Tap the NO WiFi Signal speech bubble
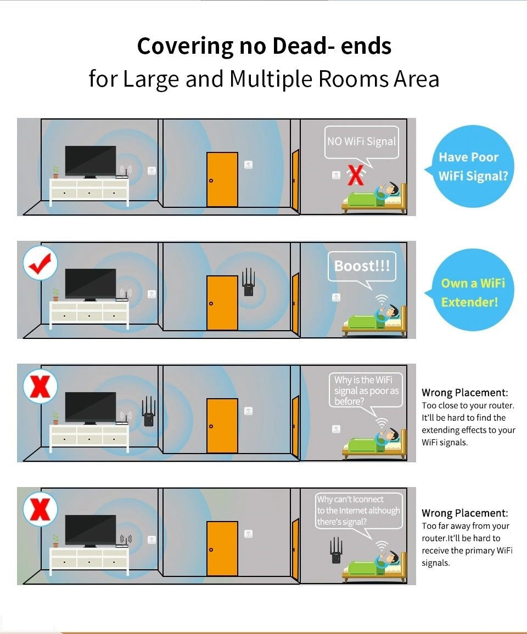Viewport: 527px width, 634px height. pos(361,141)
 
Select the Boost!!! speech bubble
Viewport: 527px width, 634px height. pos(362,266)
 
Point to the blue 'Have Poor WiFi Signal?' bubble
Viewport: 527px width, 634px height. pos(468,166)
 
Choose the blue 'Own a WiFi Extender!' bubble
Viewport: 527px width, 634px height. pos(473,292)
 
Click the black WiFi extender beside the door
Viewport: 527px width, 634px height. pos(249,283)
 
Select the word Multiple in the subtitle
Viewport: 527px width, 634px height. pos(271,79)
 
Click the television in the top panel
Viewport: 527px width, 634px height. pos(91,161)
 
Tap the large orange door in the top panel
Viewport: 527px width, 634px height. pos(222,180)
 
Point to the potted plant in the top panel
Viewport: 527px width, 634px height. pos(55,172)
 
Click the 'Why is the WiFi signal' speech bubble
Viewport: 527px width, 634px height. pos(367,390)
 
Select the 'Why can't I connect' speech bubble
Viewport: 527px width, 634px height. pos(358,511)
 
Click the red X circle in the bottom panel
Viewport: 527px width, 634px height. pos(40,510)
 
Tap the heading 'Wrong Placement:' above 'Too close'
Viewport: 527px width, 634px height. pos(464,393)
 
